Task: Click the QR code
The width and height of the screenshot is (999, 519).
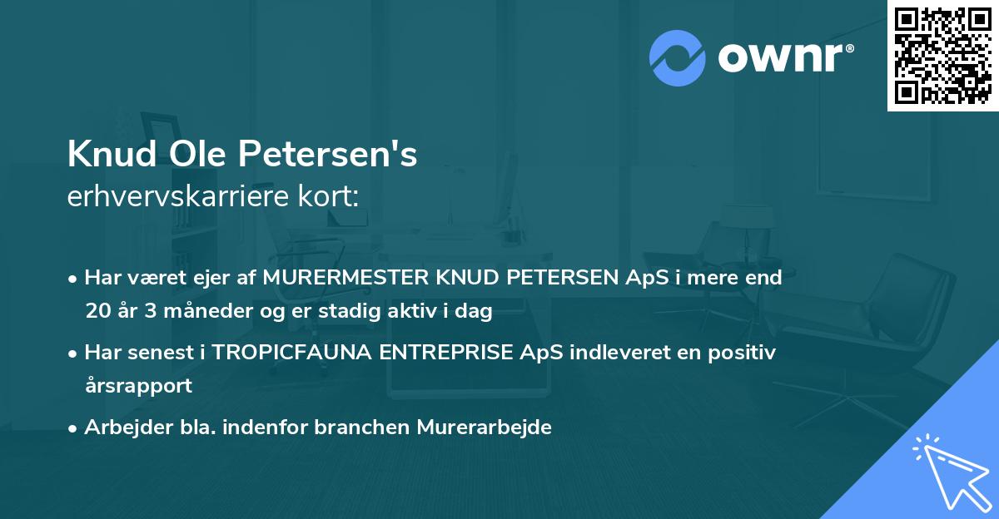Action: point(942,55)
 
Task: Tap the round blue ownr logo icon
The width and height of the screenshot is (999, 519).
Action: point(677,58)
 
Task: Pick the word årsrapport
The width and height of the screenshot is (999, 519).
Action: point(138,385)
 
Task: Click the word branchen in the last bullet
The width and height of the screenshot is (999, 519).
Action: point(355,427)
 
